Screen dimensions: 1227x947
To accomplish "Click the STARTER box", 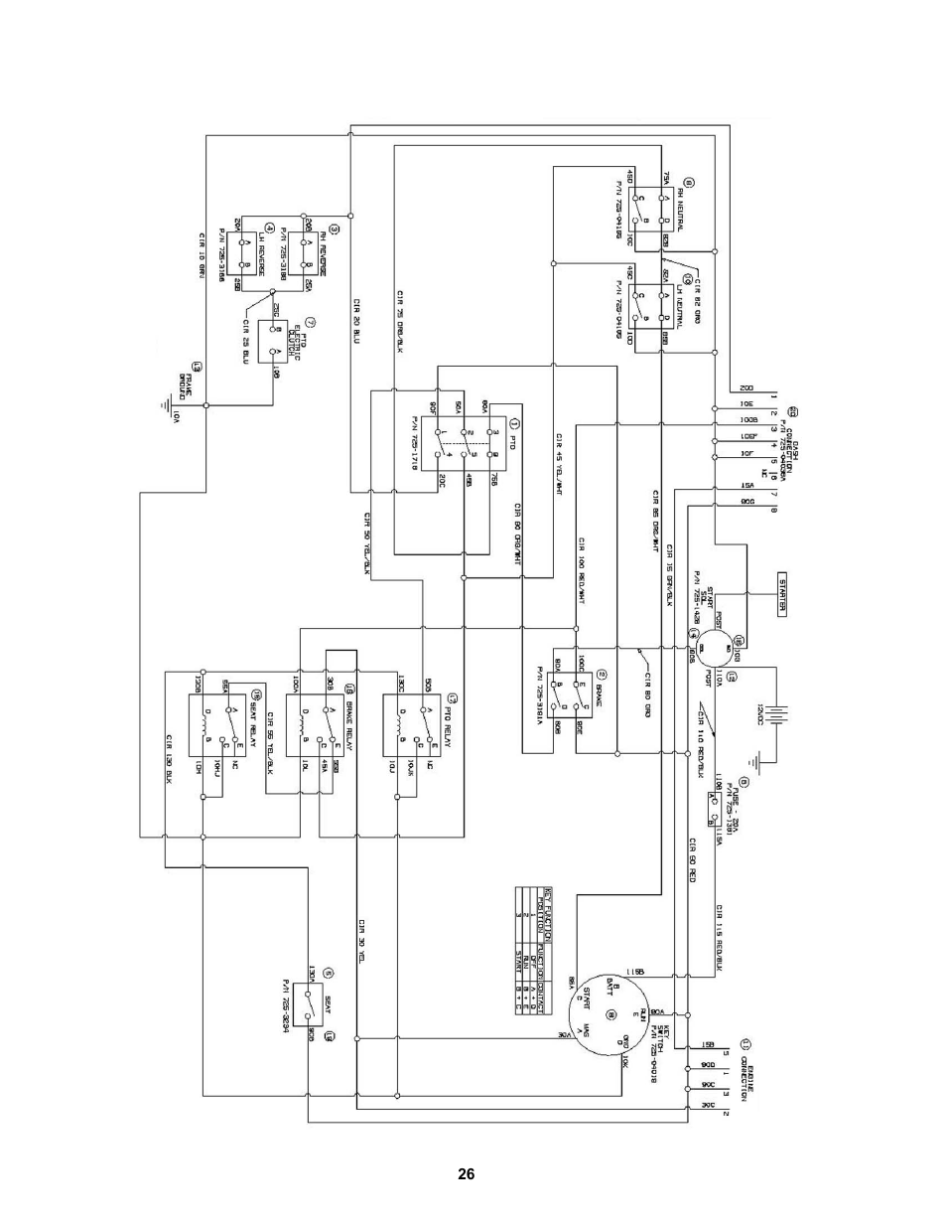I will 781,596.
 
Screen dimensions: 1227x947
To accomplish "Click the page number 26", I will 466,1174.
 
